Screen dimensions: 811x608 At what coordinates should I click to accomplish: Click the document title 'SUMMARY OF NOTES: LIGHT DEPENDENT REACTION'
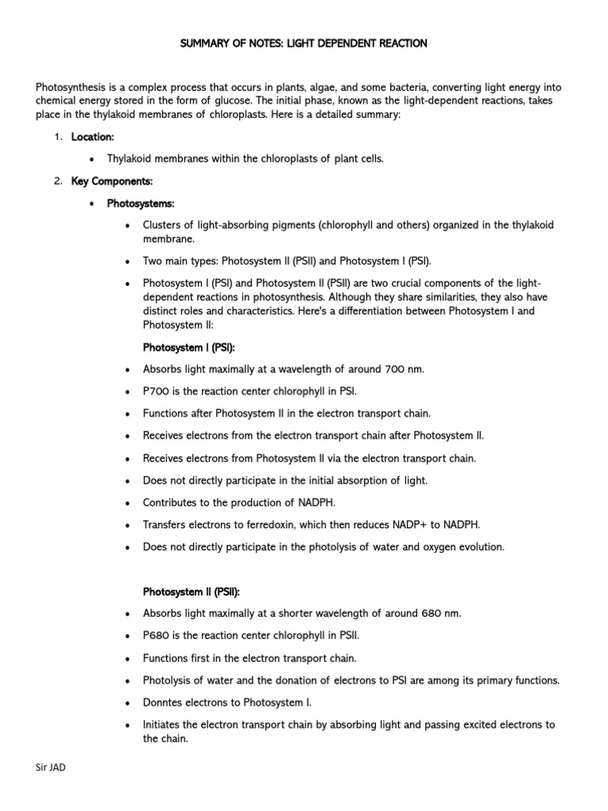[x=303, y=44]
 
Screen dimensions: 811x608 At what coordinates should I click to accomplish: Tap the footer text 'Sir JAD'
[x=51, y=767]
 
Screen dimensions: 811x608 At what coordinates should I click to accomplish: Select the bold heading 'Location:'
[x=93, y=136]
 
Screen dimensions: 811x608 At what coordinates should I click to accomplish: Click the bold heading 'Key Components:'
[x=112, y=181]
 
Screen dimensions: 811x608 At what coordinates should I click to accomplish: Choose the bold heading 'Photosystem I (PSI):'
[x=188, y=347]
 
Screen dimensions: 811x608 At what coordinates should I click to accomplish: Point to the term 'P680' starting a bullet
[x=156, y=635]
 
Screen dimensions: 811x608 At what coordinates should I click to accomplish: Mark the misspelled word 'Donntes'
[x=163, y=702]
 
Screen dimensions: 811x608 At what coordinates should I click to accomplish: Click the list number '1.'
[x=58, y=136]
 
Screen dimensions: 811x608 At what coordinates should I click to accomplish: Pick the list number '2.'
[x=58, y=181]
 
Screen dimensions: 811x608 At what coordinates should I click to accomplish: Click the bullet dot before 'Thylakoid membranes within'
[x=93, y=159]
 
